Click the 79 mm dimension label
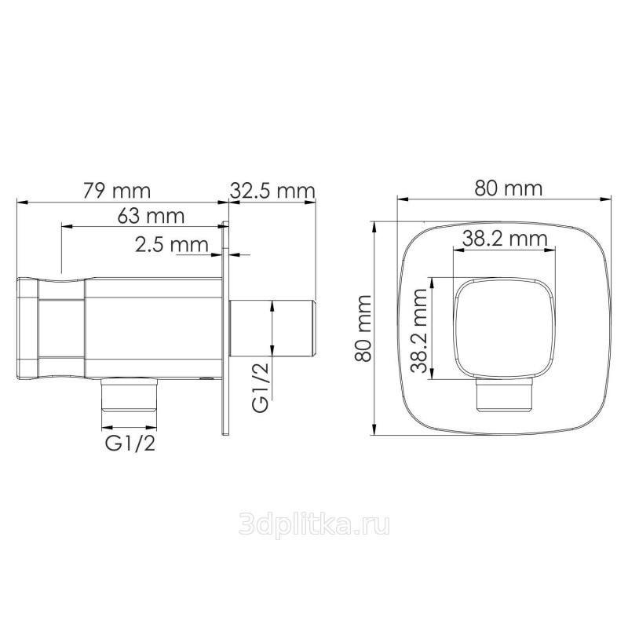tap(117, 191)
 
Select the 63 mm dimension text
tap(151, 217)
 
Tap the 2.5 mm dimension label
tap(171, 244)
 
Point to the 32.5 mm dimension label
tap(272, 191)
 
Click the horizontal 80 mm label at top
tap(508, 188)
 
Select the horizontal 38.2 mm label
tap(505, 239)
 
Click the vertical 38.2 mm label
tap(419, 330)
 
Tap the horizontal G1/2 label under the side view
tap(130, 444)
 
